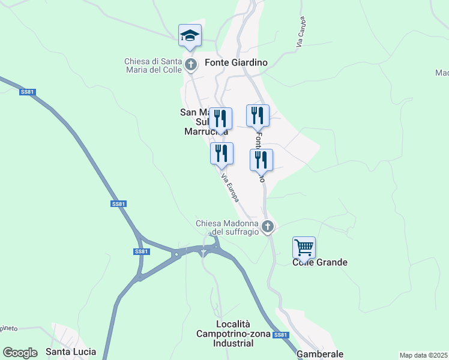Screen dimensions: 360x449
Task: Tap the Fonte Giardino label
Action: pyautogui.click(x=236, y=62)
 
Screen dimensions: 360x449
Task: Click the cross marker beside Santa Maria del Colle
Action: pyautogui.click(x=191, y=64)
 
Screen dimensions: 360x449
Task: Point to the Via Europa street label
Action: pyautogui.click(x=231, y=187)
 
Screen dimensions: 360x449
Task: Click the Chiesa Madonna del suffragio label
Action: pyautogui.click(x=227, y=227)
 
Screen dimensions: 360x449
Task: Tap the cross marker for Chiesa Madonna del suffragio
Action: pyautogui.click(x=268, y=227)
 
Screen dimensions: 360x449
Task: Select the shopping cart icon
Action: pyautogui.click(x=304, y=247)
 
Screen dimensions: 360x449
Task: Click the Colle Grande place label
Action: pyautogui.click(x=320, y=262)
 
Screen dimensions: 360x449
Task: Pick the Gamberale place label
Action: pyautogui.click(x=320, y=354)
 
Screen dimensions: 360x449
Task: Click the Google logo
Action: pyautogui.click(x=20, y=353)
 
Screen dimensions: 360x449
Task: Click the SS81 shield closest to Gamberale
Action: pyautogui.click(x=280, y=335)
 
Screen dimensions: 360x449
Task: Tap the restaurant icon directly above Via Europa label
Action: pyautogui.click(x=221, y=154)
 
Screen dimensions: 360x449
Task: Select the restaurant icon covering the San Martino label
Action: pyautogui.click(x=220, y=119)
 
